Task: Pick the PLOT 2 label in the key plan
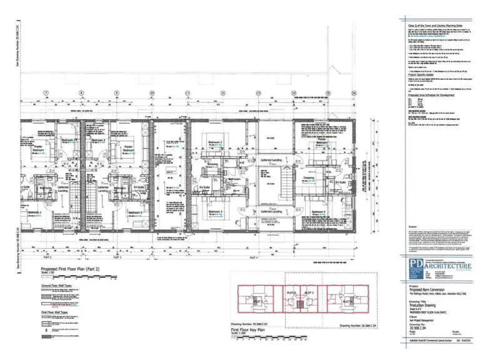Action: pyautogui.click(x=291, y=292)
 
